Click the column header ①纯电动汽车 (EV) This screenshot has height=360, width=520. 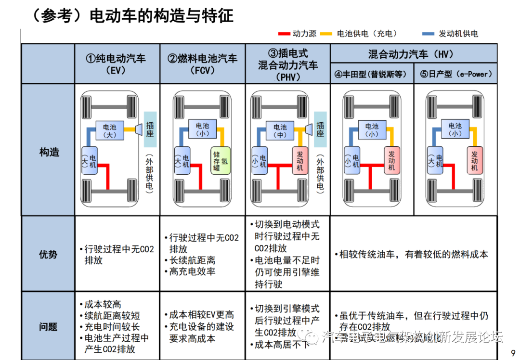click(116, 64)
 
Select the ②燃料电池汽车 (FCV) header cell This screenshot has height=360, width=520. click(202, 64)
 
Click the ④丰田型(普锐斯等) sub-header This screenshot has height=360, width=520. click(371, 75)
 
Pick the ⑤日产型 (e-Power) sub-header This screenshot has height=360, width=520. click(456, 75)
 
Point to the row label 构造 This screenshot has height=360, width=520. click(49, 152)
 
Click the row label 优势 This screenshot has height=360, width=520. click(48, 254)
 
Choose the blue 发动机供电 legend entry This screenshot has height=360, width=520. click(450, 34)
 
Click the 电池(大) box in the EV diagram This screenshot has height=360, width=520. click(110, 130)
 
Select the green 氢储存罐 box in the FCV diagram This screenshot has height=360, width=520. click(220, 161)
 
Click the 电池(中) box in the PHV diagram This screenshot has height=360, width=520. click(280, 130)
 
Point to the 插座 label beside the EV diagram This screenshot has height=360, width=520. click(150, 129)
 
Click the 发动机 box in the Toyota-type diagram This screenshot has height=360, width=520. click(391, 161)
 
